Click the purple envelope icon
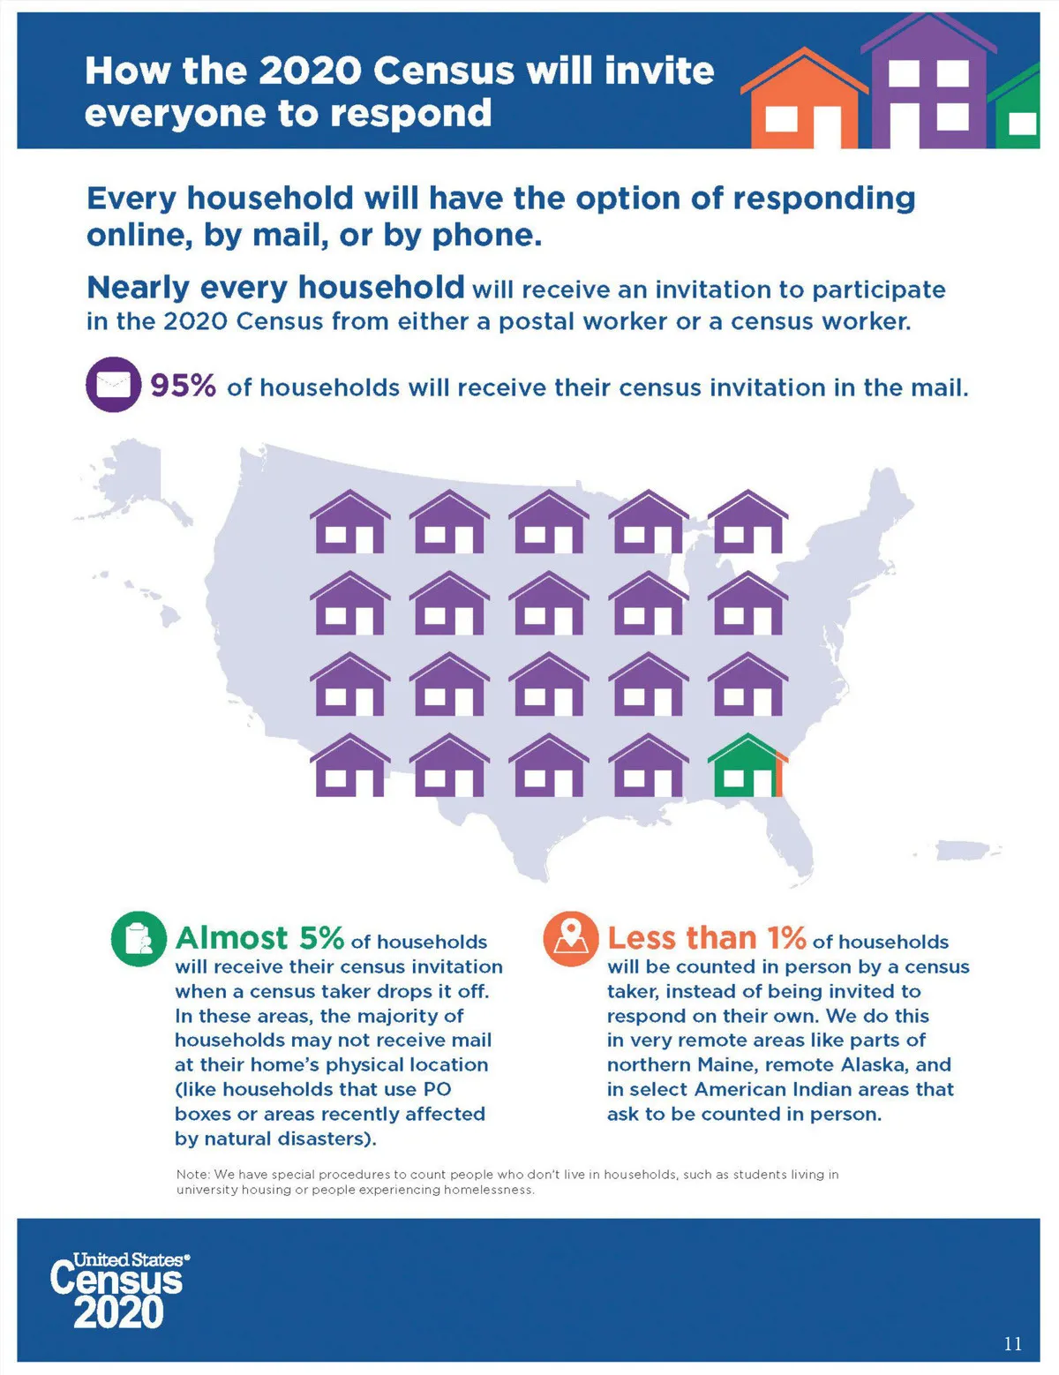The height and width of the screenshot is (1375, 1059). pos(113,385)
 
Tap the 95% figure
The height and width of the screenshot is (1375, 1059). pos(183,386)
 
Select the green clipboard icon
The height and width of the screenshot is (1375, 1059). pos(139,938)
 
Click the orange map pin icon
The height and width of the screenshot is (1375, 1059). pos(570,938)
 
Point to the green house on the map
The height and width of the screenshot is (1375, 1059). pos(747,766)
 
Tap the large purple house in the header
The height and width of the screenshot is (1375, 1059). pos(928,84)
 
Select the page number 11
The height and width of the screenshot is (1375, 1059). pos(1012,1343)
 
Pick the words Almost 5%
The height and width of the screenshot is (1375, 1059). pos(259,937)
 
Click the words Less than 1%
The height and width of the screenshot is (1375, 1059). pos(706,937)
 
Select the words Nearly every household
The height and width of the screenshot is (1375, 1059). pos(275,288)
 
